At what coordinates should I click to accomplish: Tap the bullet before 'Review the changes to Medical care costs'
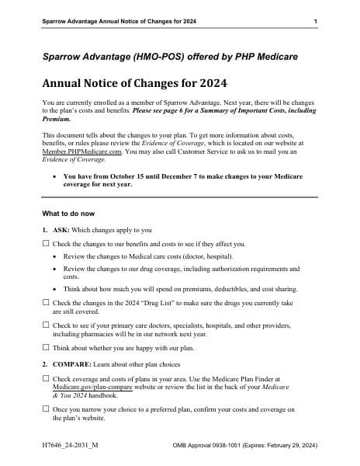[54, 256]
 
